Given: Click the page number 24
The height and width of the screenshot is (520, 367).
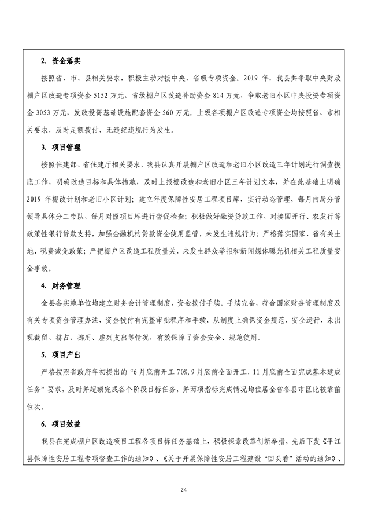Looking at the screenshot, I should pyautogui.click(x=183, y=490).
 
